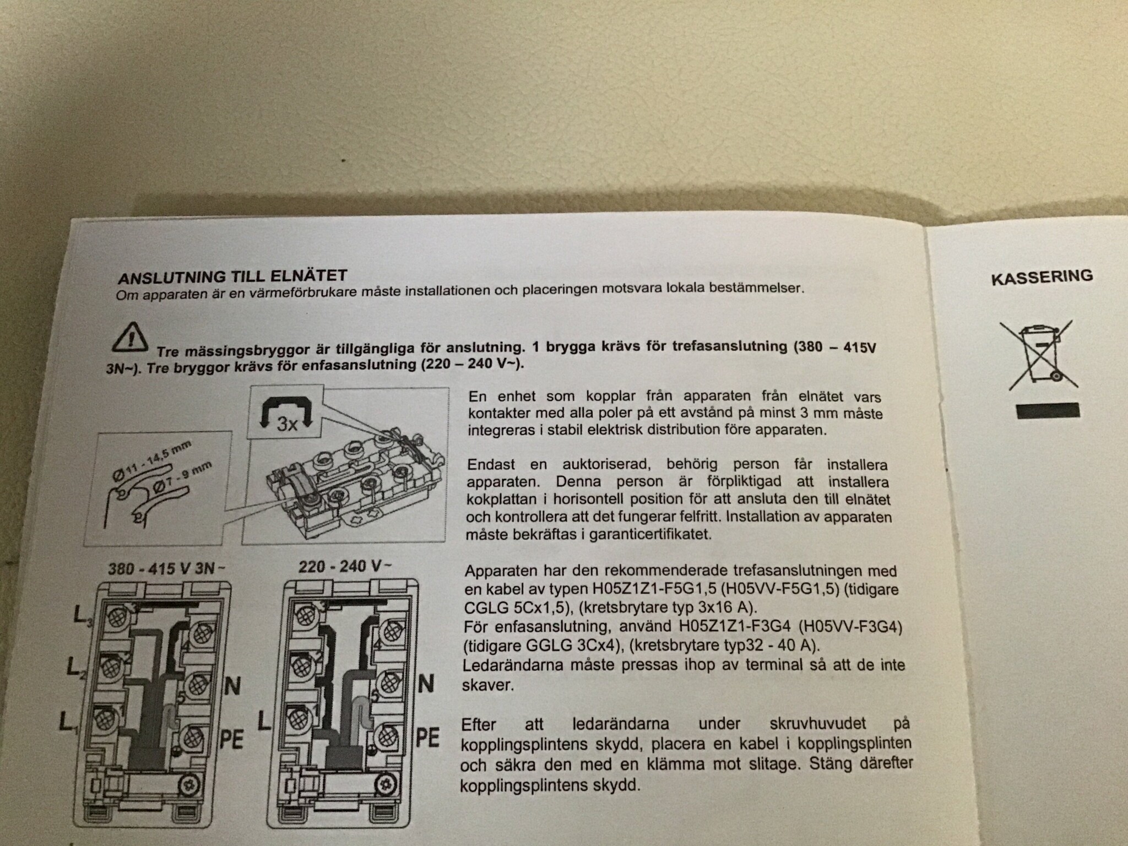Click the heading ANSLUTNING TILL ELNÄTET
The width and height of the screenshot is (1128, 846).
(232, 276)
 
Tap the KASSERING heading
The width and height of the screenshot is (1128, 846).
(1042, 276)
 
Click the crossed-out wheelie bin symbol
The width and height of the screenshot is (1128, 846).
(1039, 355)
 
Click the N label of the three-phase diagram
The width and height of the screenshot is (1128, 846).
(232, 686)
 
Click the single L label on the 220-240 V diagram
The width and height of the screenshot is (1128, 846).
(264, 720)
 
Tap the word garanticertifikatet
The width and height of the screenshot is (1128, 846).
(650, 534)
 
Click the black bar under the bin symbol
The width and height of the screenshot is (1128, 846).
(1046, 411)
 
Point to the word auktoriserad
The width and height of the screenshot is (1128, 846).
(605, 464)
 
